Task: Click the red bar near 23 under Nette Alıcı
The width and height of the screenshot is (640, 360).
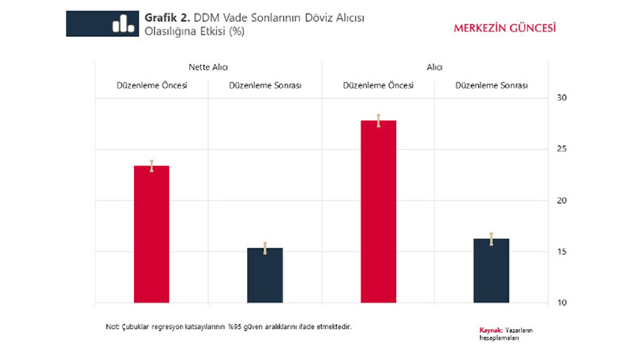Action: click(151, 233)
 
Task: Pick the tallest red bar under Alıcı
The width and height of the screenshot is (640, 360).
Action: click(378, 212)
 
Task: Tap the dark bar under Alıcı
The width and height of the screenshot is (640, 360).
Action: click(492, 270)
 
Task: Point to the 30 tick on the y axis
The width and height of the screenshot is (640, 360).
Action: click(562, 98)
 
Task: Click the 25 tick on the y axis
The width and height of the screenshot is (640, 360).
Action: click(562, 149)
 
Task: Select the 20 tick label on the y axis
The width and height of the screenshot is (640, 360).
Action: click(562, 200)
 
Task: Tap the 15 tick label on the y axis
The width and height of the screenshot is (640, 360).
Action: click(562, 252)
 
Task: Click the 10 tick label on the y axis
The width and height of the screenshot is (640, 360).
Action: click(562, 303)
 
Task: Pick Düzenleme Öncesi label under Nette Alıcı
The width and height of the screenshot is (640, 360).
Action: click(152, 85)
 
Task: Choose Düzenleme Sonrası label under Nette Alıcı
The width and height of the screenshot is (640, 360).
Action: click(265, 86)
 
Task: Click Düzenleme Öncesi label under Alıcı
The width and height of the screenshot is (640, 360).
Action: click(378, 85)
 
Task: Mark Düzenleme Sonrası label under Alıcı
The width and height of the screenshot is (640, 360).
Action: click(492, 86)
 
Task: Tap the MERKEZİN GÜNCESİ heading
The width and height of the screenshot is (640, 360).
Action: click(504, 28)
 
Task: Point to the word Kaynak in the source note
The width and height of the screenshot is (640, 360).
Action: click(490, 330)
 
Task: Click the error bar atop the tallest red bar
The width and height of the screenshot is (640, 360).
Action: click(378, 121)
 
